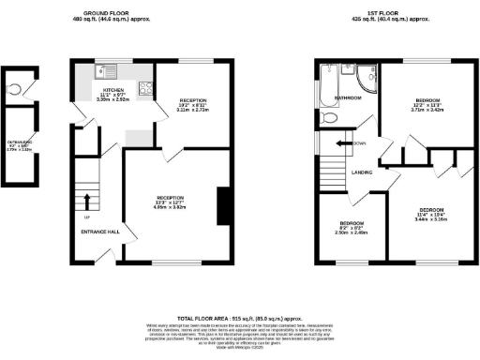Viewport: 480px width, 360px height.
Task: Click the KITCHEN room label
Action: click(112, 91)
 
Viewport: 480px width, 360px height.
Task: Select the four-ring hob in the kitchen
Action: click(145, 89)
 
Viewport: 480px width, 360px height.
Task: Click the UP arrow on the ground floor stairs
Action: click(87, 201)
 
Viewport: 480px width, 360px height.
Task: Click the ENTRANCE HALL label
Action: click(97, 231)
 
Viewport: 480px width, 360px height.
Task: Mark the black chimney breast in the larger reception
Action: click(224, 206)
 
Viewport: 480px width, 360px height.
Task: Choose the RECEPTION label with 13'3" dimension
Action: click(170, 198)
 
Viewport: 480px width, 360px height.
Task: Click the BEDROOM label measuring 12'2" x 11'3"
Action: click(428, 99)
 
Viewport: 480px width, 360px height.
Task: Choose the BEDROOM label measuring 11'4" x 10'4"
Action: click(431, 208)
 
